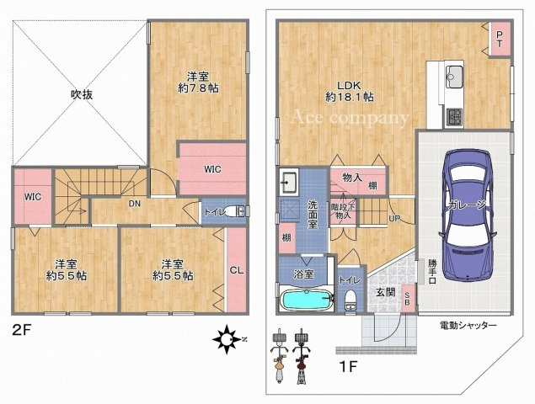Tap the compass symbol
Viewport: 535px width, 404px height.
pyautogui.click(x=227, y=339)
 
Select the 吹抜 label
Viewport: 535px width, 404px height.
pyautogui.click(x=82, y=94)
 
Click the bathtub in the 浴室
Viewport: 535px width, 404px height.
pyautogui.click(x=308, y=300)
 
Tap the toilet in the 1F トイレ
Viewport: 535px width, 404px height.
pyautogui.click(x=351, y=299)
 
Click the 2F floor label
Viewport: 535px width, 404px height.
pyautogui.click(x=22, y=330)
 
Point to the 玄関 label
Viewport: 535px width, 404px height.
pyautogui.click(x=385, y=291)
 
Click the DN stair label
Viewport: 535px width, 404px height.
pyautogui.click(x=135, y=204)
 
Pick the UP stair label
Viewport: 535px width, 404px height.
pyautogui.click(x=393, y=218)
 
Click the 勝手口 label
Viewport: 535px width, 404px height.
pyautogui.click(x=432, y=271)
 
